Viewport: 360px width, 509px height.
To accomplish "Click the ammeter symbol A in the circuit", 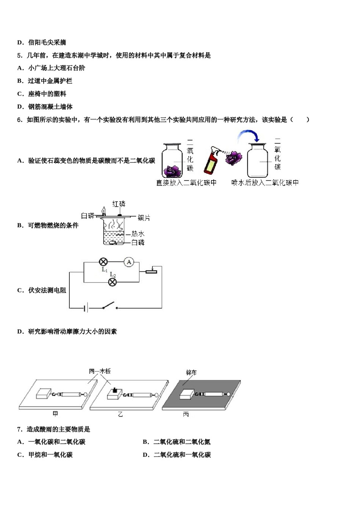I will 129,262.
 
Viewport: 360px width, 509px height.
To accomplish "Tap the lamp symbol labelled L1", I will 103,262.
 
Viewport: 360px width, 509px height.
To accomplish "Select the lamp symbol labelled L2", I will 113,282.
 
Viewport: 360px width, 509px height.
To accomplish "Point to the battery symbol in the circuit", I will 86,308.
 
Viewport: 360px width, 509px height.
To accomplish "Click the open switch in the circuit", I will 110,306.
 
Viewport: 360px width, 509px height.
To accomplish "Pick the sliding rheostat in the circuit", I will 151,271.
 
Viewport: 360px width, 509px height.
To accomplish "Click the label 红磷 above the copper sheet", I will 119,204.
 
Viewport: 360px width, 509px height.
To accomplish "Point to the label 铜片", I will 144,218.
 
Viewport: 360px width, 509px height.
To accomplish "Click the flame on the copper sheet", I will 103,211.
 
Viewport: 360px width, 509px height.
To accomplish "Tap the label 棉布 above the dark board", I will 191,373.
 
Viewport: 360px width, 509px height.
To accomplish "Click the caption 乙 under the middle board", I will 121,415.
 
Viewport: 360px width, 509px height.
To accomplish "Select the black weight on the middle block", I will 114,389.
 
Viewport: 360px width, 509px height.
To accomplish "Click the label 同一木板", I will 100,371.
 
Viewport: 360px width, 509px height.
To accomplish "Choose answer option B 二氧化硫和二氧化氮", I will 177,442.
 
